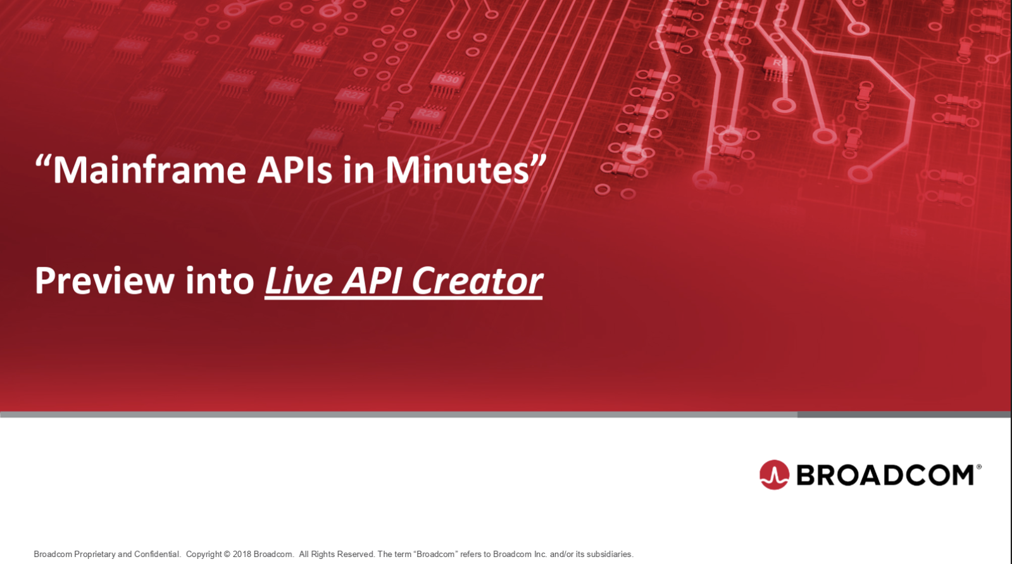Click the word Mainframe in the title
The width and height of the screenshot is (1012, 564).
pyautogui.click(x=149, y=170)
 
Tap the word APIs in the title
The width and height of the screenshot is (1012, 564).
pyautogui.click(x=294, y=170)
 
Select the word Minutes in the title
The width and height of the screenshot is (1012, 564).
pyautogui.click(x=457, y=170)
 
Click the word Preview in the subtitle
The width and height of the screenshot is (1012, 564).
pyautogui.click(x=104, y=281)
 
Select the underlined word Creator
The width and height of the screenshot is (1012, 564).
pyautogui.click(x=477, y=281)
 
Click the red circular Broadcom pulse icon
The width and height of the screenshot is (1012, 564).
pyautogui.click(x=775, y=475)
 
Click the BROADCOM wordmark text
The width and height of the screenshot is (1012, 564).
pyautogui.click(x=885, y=475)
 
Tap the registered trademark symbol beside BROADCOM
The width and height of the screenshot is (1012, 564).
pyautogui.click(x=978, y=467)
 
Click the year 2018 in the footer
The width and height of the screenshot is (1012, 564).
pyautogui.click(x=242, y=554)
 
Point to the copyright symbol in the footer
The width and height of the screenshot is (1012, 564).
pyautogui.click(x=227, y=554)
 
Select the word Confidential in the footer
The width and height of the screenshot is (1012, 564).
pyautogui.click(x=157, y=554)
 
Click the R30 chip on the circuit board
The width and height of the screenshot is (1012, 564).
pyautogui.click(x=447, y=80)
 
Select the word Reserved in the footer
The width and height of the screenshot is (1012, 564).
pyautogui.click(x=356, y=554)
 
